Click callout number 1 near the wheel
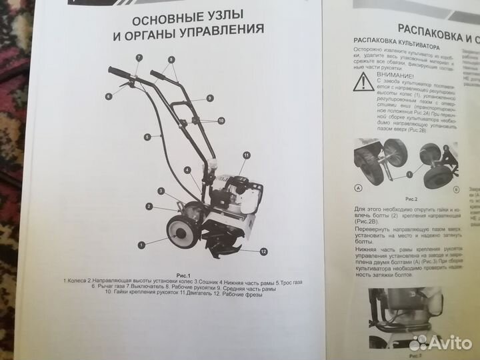(x=142, y=245)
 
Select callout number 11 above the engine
(x=246, y=155)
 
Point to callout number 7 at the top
(x=139, y=58)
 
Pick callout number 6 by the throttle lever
(x=107, y=96)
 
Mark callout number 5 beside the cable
(x=145, y=137)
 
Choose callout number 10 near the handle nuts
(x=221, y=121)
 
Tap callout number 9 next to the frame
(x=209, y=98)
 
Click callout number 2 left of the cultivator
(x=147, y=206)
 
